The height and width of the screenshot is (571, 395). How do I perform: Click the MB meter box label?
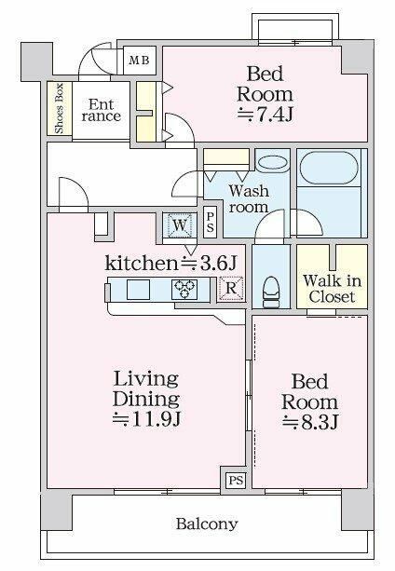click(138, 61)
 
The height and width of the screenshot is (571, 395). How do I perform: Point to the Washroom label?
click(249, 199)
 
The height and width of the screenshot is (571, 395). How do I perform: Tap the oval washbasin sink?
click(272, 163)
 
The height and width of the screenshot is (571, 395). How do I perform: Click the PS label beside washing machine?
click(211, 224)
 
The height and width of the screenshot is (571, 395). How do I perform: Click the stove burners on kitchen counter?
click(183, 290)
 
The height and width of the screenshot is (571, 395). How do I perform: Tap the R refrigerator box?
click(231, 289)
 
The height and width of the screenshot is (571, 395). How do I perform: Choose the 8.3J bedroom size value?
click(310, 420)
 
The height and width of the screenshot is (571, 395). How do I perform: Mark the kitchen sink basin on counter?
click(138, 290)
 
